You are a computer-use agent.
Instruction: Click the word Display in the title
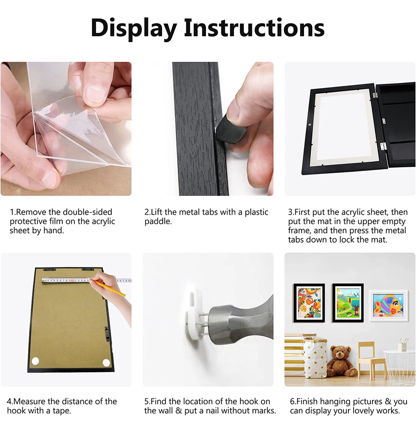133,28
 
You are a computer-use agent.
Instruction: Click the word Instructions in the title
254,28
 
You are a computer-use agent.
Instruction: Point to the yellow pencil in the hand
110,288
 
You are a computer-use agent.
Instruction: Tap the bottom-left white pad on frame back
35,361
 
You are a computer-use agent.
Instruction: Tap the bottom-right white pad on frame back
106,362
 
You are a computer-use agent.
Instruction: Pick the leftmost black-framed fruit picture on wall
309,303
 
